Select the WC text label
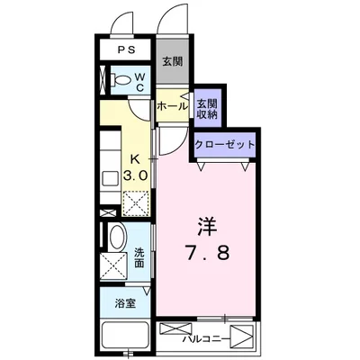coord(141,83)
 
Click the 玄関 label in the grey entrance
coord(172,62)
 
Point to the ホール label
coord(170,106)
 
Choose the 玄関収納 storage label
coord(207,106)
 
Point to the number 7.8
coord(209,253)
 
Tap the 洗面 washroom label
coord(140,257)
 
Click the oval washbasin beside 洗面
coord(115,238)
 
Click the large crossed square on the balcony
coord(239,337)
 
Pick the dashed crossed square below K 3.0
coord(137,202)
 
